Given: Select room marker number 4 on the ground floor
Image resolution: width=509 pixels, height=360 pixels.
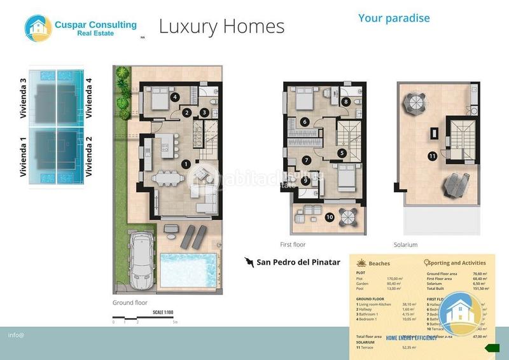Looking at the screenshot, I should pyautogui.click(x=174, y=97).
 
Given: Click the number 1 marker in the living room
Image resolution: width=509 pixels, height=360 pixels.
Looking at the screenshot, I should pyautogui.click(x=186, y=163).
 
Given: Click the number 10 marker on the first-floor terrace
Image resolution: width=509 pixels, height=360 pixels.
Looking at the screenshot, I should pyautogui.click(x=329, y=217).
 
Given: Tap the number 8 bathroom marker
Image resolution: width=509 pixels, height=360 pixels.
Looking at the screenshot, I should pyautogui.click(x=346, y=101).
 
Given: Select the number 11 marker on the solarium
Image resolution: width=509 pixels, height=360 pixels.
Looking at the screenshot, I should pyautogui.click(x=432, y=155).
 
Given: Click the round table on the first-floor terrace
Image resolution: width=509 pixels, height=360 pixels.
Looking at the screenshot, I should pyautogui.click(x=348, y=217).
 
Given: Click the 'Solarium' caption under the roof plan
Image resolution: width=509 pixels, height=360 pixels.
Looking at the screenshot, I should pyautogui.click(x=405, y=244).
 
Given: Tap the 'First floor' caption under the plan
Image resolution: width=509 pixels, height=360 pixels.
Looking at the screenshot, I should pyautogui.click(x=293, y=244).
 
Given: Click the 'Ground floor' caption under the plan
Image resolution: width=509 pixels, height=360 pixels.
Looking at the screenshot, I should pyautogui.click(x=130, y=303).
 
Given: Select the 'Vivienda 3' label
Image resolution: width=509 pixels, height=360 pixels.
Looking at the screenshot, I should pyautogui.click(x=24, y=99).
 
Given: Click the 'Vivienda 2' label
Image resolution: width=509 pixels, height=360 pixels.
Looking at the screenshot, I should pyautogui.click(x=89, y=156).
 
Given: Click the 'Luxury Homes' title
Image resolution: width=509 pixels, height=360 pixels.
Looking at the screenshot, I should pyautogui.click(x=221, y=26).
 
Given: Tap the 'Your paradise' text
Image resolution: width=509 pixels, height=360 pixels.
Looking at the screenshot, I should pyautogui.click(x=393, y=18).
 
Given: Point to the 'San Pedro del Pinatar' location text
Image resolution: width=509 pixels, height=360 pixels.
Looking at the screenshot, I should pyautogui.click(x=298, y=262).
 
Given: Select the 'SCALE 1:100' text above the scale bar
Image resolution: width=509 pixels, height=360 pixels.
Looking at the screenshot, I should pyautogui.click(x=164, y=312).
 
